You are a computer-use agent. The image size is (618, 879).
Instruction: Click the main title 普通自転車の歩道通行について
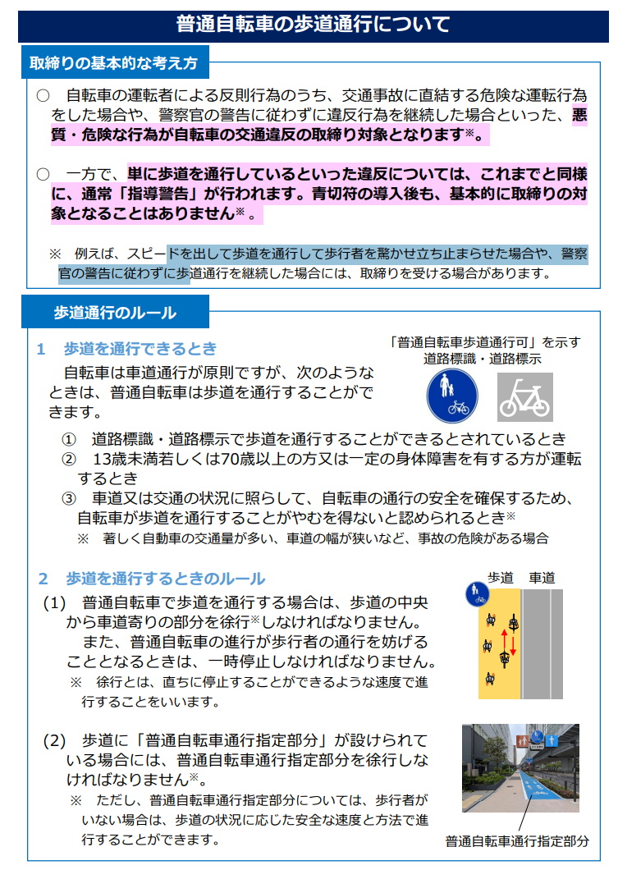coord(313,25)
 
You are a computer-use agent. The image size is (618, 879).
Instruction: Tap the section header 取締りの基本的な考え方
coord(114,62)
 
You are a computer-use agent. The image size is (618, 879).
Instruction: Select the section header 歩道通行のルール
coord(115,313)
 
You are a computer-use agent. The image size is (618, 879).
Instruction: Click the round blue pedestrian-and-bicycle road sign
coord(452,396)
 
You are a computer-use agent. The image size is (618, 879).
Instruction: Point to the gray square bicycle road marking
coord(525,397)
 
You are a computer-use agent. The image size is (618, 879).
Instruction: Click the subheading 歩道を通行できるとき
coord(140,349)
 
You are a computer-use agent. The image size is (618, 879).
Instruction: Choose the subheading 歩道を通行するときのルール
coord(166,578)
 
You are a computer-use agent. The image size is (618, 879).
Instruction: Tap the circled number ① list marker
coord(68,440)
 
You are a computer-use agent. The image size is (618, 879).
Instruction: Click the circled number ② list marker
coord(68,460)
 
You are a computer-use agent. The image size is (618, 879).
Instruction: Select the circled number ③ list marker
coord(68,498)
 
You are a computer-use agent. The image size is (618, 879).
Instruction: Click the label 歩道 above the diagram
coord(501,578)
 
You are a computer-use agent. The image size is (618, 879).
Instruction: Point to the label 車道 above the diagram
coord(542,578)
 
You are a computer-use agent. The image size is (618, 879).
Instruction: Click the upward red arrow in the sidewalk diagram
coord(504,642)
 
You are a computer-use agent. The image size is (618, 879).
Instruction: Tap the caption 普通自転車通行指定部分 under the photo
coord(517,841)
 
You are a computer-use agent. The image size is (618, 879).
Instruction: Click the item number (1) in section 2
coord(55,603)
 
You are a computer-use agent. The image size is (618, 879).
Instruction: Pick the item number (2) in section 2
coord(55,740)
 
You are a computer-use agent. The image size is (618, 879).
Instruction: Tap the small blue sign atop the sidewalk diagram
coord(477,594)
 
